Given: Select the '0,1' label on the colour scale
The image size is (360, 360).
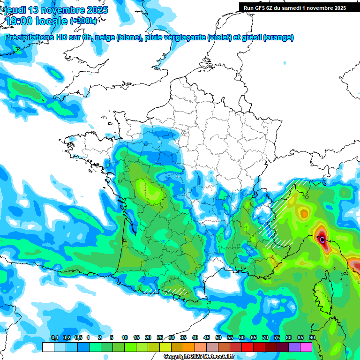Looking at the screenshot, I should click(x=54, y=338).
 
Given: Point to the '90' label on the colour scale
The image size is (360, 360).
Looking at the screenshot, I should click(x=312, y=338).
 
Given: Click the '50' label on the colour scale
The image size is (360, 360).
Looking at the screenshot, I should click(x=218, y=338).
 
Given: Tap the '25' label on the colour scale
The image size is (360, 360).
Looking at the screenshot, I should click(x=160, y=338).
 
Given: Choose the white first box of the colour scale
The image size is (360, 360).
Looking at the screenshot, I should click(x=48, y=347).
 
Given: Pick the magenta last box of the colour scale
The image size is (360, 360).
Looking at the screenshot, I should click(x=306, y=347).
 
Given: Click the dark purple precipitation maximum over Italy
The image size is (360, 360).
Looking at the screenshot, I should click(x=322, y=240).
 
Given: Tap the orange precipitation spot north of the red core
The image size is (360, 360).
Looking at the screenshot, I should click(x=305, y=214).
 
